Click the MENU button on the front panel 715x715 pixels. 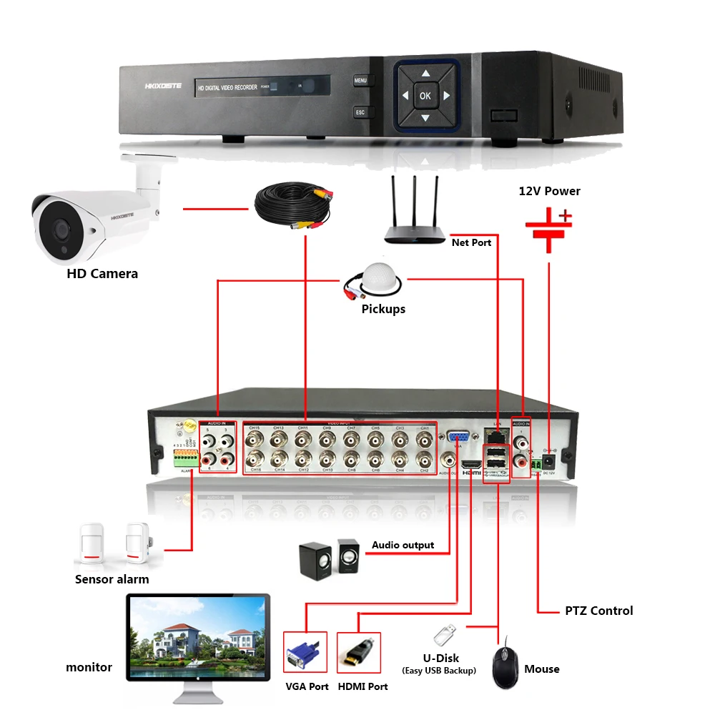point(360,81)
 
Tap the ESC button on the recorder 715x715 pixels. point(360,112)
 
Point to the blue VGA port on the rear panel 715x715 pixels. point(458,437)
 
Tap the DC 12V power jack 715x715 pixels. point(549,460)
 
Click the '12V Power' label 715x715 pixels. point(549,191)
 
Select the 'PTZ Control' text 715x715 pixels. point(598,611)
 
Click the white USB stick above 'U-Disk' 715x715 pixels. point(444,634)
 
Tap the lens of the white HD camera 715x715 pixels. point(56,227)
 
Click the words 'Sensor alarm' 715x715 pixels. point(112,579)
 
